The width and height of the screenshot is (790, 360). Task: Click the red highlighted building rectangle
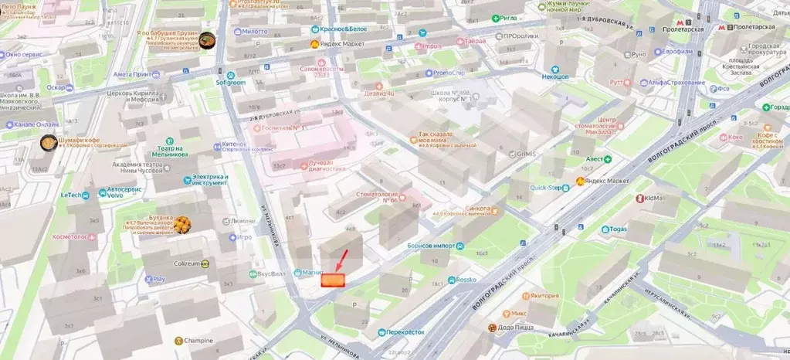coord(333,280)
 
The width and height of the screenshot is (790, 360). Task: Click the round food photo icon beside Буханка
coord(182,224)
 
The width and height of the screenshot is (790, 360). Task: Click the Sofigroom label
coord(229,81)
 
